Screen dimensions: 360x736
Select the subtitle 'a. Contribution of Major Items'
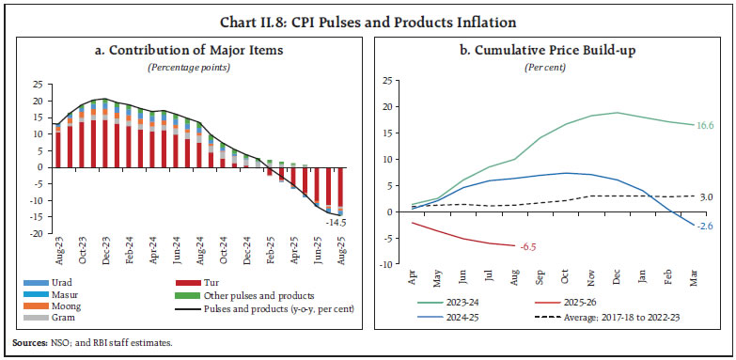184,50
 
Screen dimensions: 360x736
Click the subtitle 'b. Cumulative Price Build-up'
550,50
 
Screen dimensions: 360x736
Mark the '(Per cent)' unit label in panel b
550,65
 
